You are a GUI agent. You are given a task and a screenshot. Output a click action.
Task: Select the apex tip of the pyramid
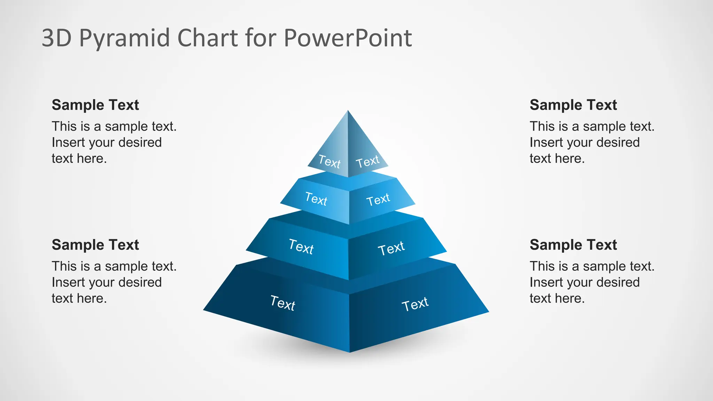click(348, 111)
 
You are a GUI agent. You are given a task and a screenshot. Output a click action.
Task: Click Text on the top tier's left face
click(329, 162)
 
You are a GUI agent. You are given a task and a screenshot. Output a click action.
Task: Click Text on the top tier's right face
click(367, 162)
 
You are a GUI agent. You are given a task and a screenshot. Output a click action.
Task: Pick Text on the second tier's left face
click(316, 199)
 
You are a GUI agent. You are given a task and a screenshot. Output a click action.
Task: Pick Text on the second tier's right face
click(378, 200)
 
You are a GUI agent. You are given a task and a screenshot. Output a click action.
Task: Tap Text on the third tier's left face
click(301, 247)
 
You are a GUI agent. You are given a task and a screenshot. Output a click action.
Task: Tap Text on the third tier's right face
click(391, 248)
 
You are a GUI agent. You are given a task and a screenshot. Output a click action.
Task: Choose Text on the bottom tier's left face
click(283, 303)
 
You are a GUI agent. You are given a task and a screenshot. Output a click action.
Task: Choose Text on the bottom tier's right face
click(415, 304)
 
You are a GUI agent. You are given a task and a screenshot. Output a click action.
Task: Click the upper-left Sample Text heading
click(95, 105)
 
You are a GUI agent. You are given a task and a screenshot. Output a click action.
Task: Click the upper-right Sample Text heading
click(573, 105)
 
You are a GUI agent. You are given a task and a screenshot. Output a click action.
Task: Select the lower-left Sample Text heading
click(95, 245)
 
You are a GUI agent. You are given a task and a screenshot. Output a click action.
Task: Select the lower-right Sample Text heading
click(573, 245)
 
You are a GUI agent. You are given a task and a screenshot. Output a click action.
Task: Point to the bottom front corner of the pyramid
click(350, 352)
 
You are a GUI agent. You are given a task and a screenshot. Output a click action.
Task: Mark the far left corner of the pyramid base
click(204, 309)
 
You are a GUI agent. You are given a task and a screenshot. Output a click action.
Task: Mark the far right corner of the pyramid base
click(488, 312)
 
